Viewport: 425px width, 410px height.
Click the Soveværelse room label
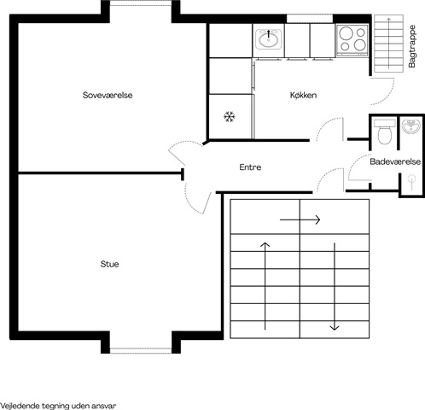pyautogui.click(x=108, y=95)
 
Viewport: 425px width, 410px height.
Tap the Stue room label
pyautogui.click(x=109, y=264)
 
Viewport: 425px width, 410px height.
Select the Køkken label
pyautogui.click(x=303, y=95)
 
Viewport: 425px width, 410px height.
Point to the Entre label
pyautogui.click(x=250, y=167)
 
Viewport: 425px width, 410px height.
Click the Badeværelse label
pyautogui.click(x=395, y=161)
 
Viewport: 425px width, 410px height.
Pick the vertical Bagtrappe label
pyautogui.click(x=411, y=46)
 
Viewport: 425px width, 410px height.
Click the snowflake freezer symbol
pyautogui.click(x=230, y=117)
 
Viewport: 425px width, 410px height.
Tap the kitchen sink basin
pyautogui.click(x=268, y=39)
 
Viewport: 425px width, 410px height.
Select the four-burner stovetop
pyautogui.click(x=352, y=40)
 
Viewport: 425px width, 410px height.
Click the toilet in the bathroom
pyautogui.click(x=385, y=132)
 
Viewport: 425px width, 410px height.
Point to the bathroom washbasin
pyautogui.click(x=411, y=126)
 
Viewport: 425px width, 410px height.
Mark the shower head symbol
pyautogui.click(x=411, y=182)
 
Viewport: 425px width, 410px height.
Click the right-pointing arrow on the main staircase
pyautogui.click(x=300, y=220)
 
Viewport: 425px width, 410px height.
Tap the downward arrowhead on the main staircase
pyautogui.click(x=335, y=327)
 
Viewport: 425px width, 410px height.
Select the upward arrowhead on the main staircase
pyautogui.click(x=265, y=244)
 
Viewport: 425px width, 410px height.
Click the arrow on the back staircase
pyautogui.click(x=389, y=43)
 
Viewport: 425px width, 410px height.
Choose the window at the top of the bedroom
pyautogui.click(x=141, y=3)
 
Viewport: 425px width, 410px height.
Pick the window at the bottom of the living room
pyautogui.click(x=141, y=350)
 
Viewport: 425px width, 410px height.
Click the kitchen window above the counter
pyautogui.click(x=310, y=19)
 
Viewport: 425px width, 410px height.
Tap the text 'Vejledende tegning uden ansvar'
pyautogui.click(x=58, y=406)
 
